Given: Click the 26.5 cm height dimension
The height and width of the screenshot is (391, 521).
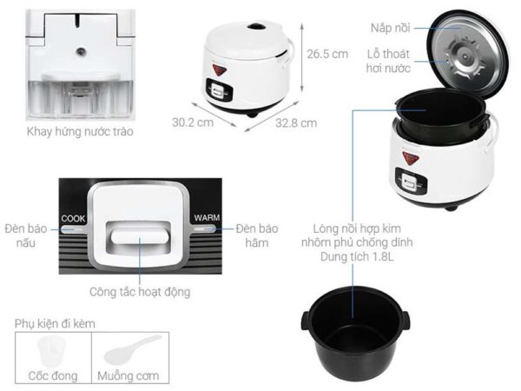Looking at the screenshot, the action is (327, 54).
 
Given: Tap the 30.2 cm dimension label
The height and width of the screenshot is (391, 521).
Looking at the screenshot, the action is (193, 123).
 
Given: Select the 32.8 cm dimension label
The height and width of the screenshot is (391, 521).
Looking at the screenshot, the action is (296, 123).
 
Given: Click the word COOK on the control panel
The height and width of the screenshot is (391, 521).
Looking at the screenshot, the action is (73, 218).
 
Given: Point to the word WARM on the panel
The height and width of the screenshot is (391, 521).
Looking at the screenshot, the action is (207, 218).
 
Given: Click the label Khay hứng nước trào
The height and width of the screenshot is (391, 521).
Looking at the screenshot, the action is (80, 131).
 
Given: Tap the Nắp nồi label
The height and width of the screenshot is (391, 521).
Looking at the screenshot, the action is (391, 28).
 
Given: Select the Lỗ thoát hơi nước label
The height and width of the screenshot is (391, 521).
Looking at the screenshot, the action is (388, 61).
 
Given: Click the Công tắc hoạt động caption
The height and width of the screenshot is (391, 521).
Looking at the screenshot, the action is (140, 292).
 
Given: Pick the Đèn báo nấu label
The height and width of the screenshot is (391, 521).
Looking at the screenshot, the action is (25, 235).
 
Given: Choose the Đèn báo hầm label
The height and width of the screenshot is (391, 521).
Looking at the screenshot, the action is (257, 235).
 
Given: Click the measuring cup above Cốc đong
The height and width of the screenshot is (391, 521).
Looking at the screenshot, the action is (52, 351).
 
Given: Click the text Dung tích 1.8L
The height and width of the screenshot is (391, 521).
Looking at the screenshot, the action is (357, 256).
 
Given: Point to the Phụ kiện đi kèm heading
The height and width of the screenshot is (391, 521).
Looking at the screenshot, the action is (55, 323).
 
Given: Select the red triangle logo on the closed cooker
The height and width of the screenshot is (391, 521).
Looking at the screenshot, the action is (220, 70).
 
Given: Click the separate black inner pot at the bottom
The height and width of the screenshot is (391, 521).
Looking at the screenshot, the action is (355, 335).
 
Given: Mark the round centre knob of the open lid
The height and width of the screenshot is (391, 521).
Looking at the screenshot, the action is (465, 56).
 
